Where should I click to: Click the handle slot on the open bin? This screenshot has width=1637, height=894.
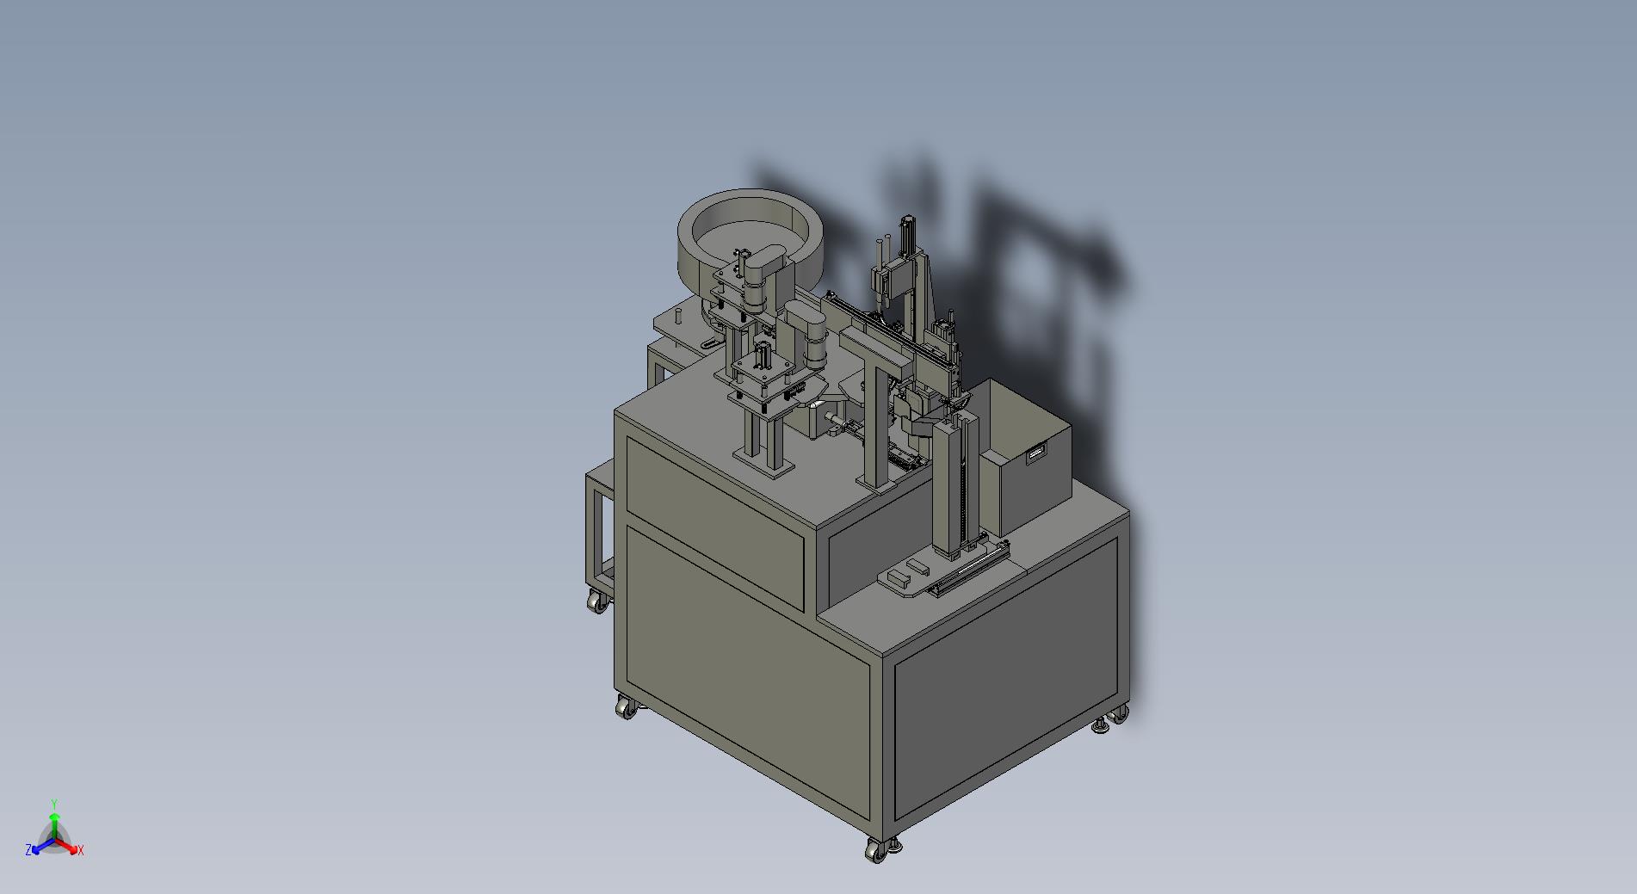pos(1036,453)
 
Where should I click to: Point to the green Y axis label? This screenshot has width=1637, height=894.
pos(53,804)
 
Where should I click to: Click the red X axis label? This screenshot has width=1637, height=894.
pos(80,850)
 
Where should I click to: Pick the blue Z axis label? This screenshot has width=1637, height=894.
pos(28,849)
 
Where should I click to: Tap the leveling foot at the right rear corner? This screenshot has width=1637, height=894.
pos(1101,727)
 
